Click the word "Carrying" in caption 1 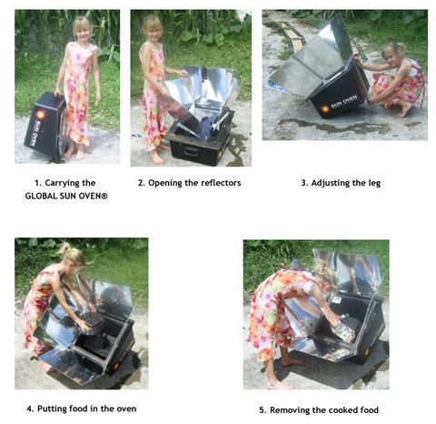62,183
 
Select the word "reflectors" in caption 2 221,183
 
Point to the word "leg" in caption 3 374,184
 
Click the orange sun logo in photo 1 40,115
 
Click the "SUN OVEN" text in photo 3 343,102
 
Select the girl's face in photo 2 154,33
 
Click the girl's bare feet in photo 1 74,154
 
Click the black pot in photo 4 92,322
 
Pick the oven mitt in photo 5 343,333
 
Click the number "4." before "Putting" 30,409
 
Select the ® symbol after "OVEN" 104,196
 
